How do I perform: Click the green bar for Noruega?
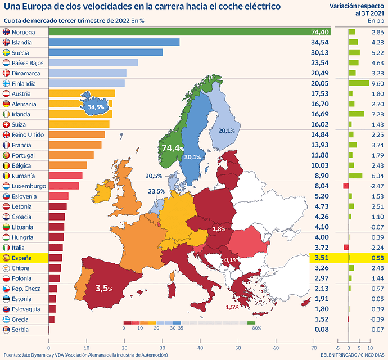(190, 32)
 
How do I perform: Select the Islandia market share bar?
(114, 42)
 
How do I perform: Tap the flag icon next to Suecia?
(6, 52)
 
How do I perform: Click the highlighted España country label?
(22, 258)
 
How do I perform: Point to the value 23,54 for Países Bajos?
(320, 63)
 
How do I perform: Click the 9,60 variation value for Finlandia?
(378, 83)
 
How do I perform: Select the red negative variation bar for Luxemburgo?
(346, 186)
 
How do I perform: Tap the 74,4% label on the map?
(173, 148)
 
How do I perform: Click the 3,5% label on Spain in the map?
(104, 288)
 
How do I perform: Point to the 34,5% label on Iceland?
(96, 107)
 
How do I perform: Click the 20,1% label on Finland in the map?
(227, 130)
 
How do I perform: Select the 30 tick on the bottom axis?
(163, 348)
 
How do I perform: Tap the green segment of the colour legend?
(251, 323)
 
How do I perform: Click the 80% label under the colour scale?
(256, 328)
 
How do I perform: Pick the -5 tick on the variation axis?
(338, 348)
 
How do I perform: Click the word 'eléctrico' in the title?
(263, 6)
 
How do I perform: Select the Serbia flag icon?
(6, 330)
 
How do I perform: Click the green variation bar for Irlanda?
(357, 114)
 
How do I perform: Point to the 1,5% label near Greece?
(232, 307)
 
